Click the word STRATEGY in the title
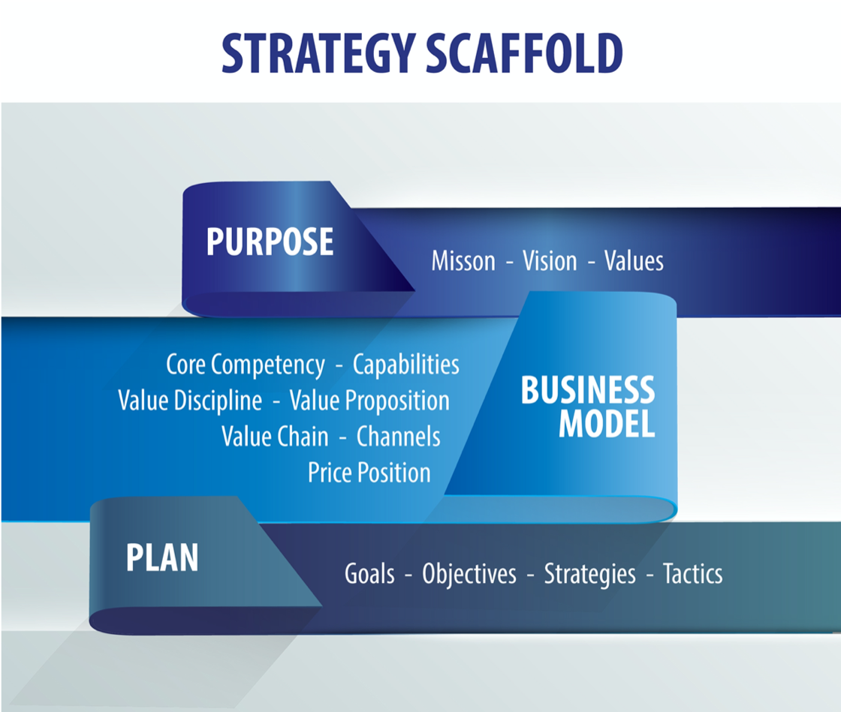[x=318, y=53]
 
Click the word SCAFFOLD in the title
[x=524, y=53]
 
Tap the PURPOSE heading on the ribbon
[x=270, y=242]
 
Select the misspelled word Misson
[x=463, y=261]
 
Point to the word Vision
[x=550, y=261]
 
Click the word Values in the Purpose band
[x=634, y=261]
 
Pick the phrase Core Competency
[x=245, y=365]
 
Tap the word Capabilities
[x=406, y=365]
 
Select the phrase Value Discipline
[x=190, y=401]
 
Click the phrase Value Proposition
[x=369, y=401]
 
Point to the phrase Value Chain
[x=275, y=436]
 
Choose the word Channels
[x=399, y=436]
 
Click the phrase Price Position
[x=369, y=473]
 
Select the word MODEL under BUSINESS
[x=607, y=424]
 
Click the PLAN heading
[x=162, y=557]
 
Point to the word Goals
[x=369, y=573]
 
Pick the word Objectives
[x=469, y=574]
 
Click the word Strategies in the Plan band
[x=590, y=574]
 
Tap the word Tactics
[x=693, y=573]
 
